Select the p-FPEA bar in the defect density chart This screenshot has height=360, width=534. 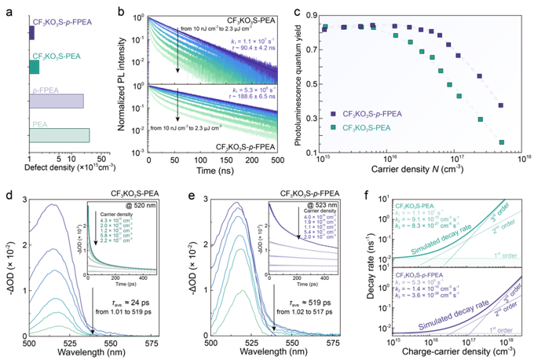(56, 101)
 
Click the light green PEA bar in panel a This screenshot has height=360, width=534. (59, 135)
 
